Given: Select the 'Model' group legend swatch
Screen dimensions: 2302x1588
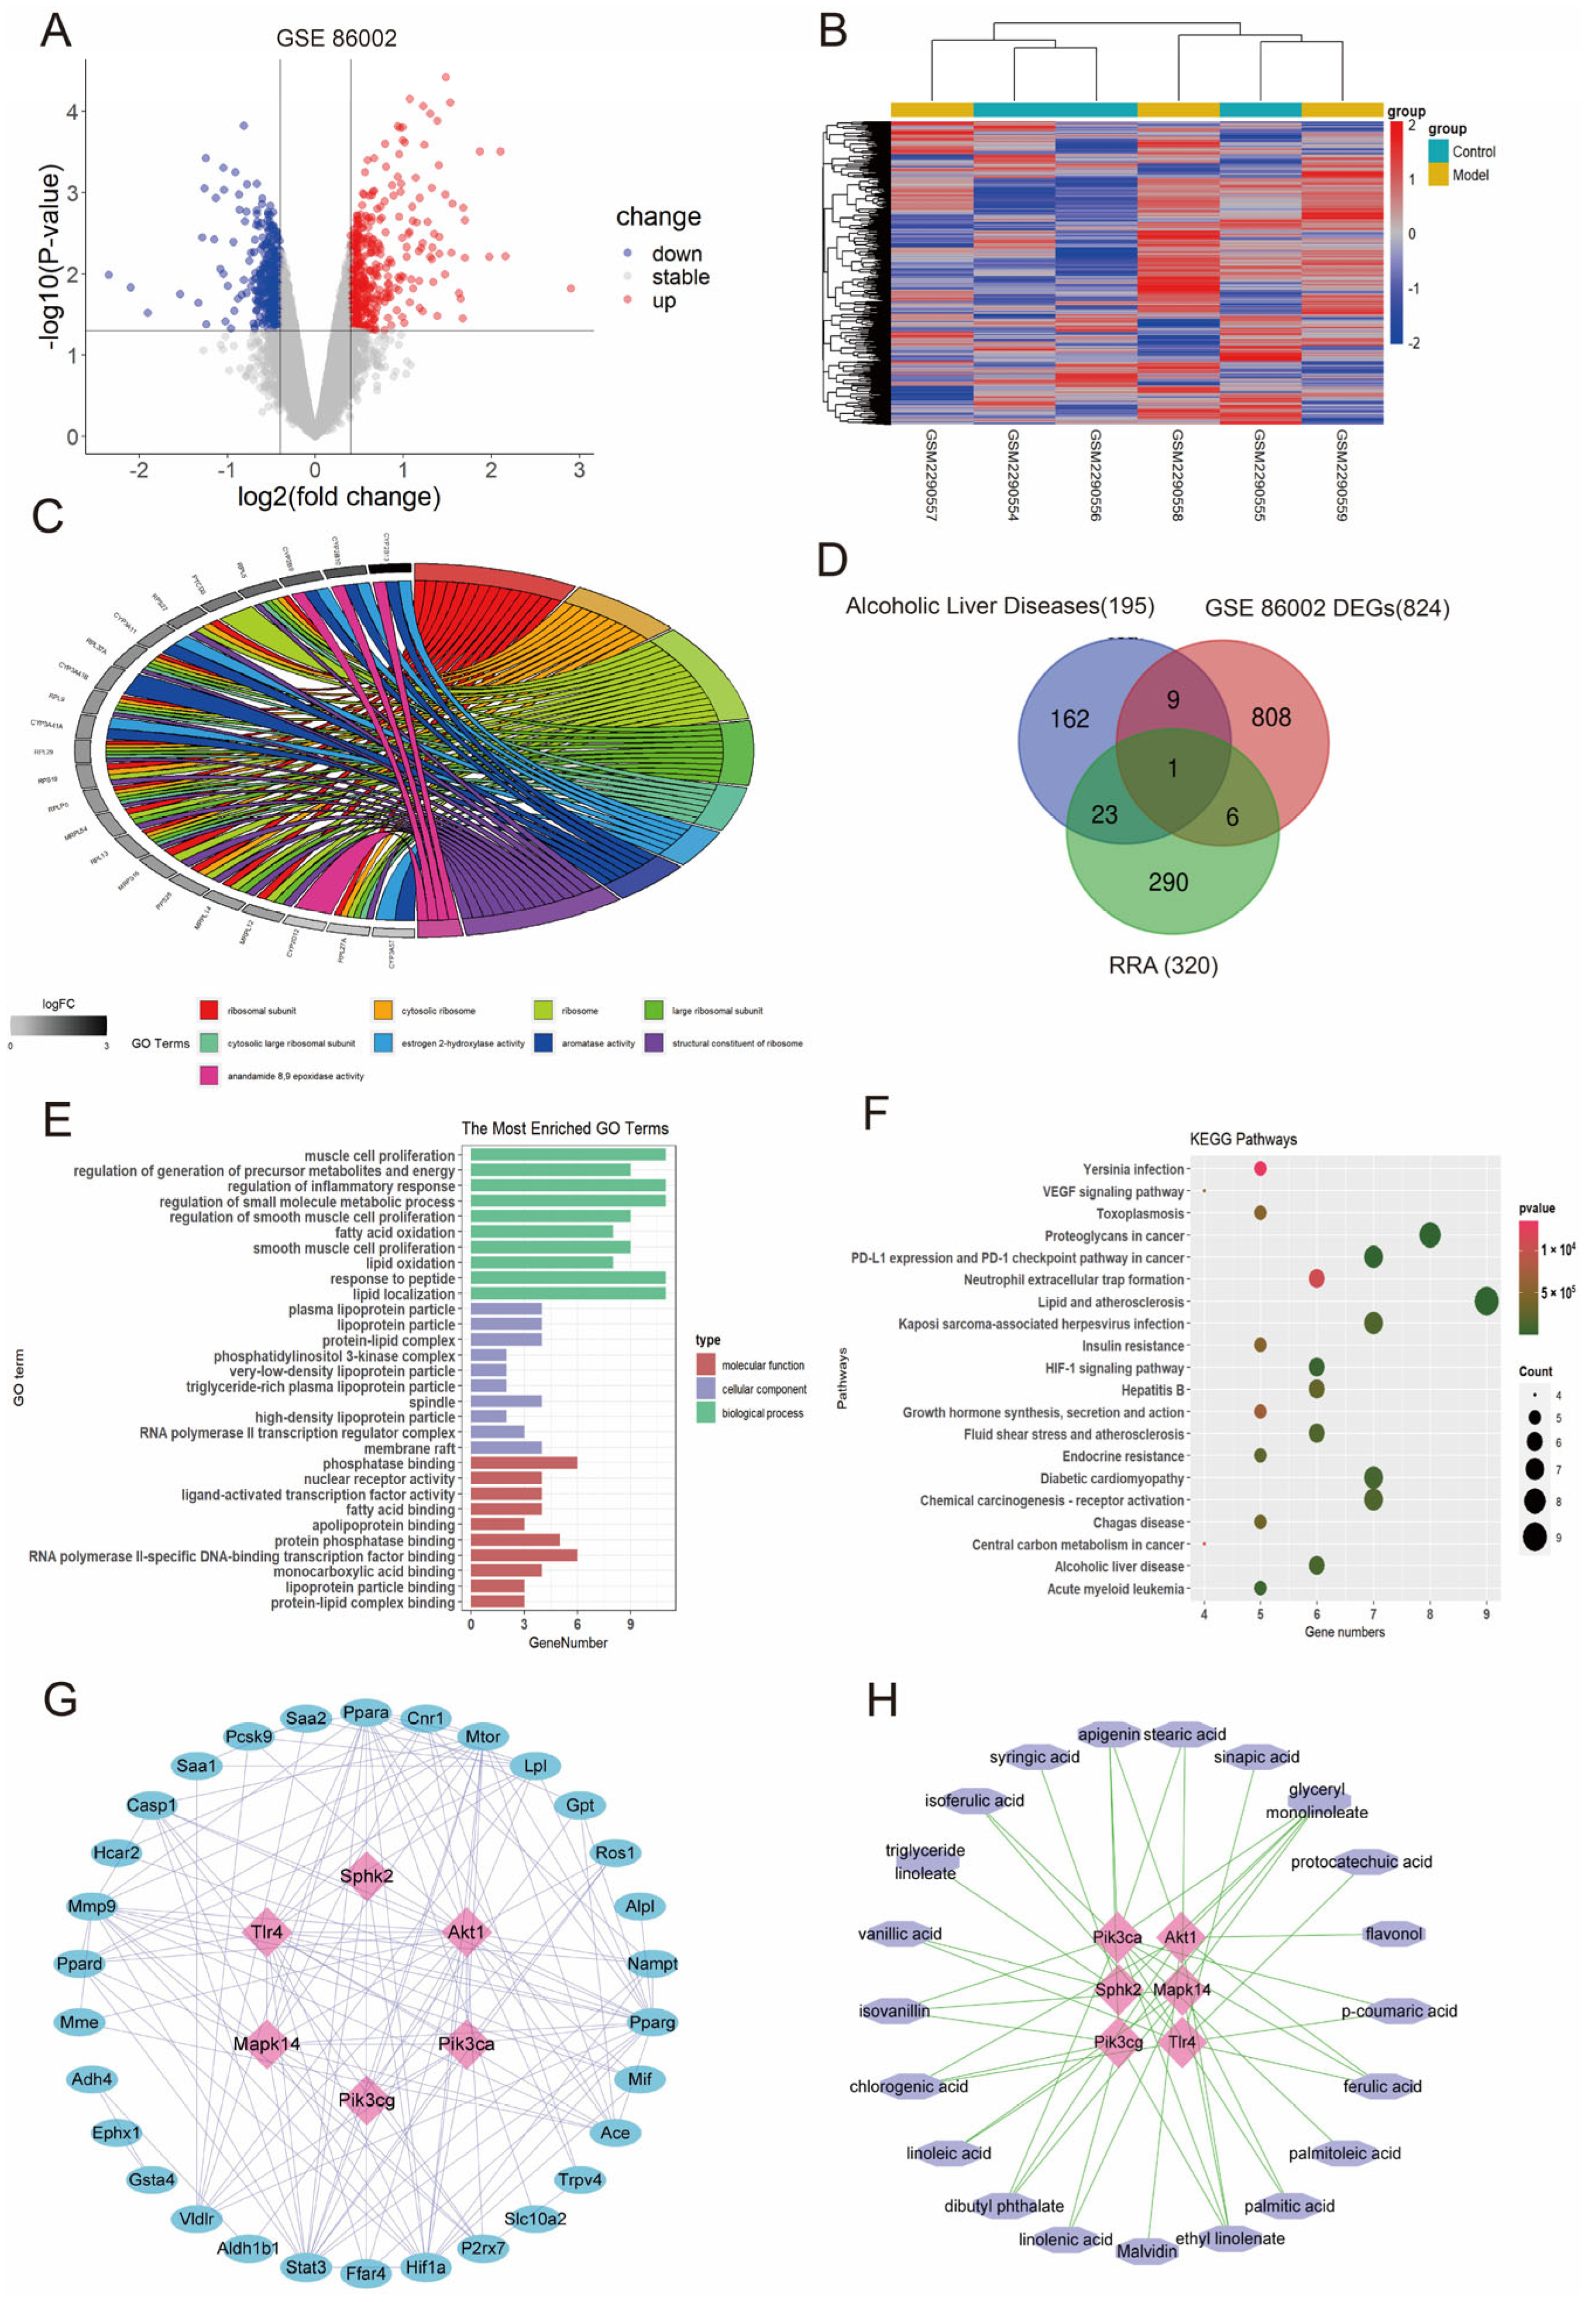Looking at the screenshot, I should [x=1438, y=175].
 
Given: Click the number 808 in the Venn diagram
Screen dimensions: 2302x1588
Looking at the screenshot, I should [x=1271, y=717].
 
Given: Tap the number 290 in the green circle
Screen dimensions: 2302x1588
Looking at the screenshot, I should [x=1168, y=882].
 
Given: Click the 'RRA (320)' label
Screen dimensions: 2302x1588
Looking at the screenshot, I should [x=1163, y=965].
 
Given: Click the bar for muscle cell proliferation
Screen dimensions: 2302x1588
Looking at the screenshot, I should [x=567, y=1155].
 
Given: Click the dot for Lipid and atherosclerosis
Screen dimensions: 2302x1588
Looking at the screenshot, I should [x=1486, y=1301].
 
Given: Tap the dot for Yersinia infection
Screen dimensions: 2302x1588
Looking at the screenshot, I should [x=1260, y=1169].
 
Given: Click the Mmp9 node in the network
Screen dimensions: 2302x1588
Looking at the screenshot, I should [x=91, y=1906].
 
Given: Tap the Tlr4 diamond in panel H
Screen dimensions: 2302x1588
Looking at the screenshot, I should [x=1181, y=2042].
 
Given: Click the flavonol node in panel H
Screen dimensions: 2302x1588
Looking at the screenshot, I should [x=1393, y=1934].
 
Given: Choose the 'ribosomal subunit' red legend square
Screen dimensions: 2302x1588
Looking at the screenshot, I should [x=209, y=1011].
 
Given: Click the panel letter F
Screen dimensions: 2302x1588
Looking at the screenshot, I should [x=875, y=1112].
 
